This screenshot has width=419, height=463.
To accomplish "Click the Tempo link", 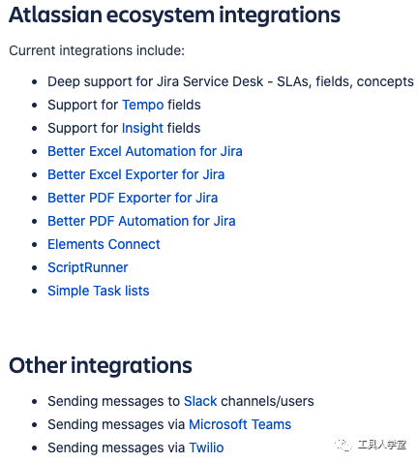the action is [143, 105].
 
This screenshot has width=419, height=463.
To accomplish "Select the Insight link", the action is [142, 128].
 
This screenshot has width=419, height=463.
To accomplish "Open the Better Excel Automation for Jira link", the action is [145, 151].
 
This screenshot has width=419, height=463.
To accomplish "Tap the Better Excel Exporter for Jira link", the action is [136, 174].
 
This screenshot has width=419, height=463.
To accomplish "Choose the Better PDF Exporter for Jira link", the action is [133, 198].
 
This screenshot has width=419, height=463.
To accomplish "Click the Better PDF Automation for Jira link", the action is [141, 221].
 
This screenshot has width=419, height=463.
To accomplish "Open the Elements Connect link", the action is [104, 244].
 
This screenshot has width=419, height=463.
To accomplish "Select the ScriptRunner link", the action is [88, 268].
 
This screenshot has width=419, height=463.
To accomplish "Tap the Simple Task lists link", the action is [99, 291].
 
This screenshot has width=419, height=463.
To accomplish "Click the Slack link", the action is [200, 401].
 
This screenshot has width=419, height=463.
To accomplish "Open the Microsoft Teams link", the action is [240, 424].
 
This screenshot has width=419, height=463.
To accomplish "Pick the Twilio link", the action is [206, 448].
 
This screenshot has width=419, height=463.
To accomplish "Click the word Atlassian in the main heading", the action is [55, 15].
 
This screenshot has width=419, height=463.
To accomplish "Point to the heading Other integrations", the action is [101, 366].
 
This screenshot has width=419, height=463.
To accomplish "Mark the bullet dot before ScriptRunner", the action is [35, 268].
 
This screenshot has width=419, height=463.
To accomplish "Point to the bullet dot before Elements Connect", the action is [35, 245].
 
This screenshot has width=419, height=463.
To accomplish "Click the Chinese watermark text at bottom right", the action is [382, 445].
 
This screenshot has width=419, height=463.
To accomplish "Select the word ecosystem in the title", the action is [161, 15].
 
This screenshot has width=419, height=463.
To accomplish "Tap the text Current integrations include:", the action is [97, 50].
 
